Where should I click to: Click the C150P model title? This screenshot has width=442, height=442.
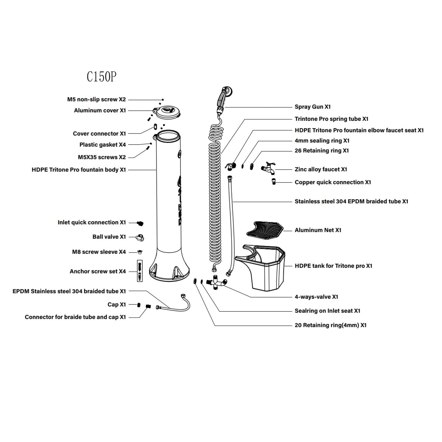click(x=101, y=77)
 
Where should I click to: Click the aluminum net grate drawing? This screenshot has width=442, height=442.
click(x=264, y=229)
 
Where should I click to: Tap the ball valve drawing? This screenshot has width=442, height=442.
click(x=140, y=237)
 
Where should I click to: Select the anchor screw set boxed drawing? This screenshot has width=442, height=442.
click(x=140, y=271)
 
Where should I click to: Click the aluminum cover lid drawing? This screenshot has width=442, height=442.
click(x=167, y=112)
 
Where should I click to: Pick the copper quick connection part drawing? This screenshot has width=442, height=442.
click(x=274, y=182)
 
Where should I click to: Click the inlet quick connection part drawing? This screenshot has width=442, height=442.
click(x=141, y=223)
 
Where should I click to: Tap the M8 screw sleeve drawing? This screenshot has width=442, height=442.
click(x=140, y=252)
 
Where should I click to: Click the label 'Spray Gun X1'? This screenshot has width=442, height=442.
click(x=312, y=107)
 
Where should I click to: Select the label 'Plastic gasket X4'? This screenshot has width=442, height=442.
click(x=103, y=145)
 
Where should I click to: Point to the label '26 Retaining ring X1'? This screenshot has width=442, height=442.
click(x=321, y=151)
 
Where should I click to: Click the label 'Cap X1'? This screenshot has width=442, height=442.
click(x=117, y=305)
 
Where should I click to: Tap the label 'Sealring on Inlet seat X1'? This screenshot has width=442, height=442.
click(x=327, y=311)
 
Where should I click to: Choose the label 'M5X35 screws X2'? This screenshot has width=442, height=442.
click(x=102, y=157)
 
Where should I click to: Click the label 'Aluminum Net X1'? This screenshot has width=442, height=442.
click(x=318, y=230)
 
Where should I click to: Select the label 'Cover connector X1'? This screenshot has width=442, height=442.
click(x=99, y=134)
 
